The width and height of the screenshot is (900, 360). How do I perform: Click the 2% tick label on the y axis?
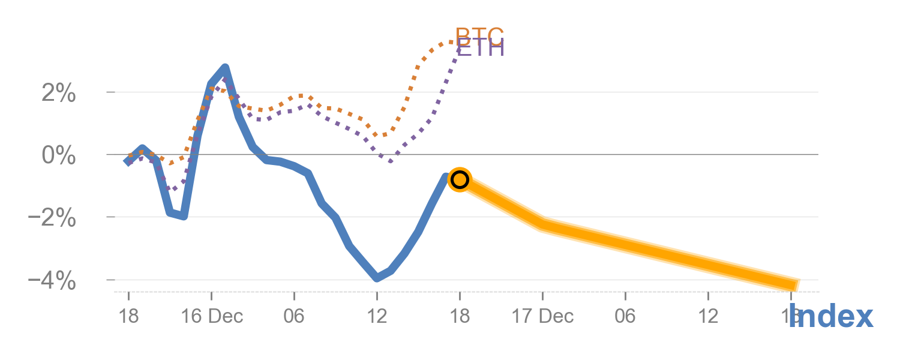[59, 93]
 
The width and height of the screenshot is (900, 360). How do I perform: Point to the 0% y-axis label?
[59, 155]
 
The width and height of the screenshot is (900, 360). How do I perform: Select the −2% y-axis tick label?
[52, 218]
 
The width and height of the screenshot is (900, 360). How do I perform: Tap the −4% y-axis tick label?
[52, 280]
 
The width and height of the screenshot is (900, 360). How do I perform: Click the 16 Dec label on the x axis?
[212, 316]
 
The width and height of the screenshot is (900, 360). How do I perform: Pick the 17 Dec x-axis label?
[542, 316]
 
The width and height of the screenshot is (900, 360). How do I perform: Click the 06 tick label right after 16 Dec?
[294, 316]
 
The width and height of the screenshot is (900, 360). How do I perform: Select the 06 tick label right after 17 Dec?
[625, 316]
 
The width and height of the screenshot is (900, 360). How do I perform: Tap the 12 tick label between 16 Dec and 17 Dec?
[377, 316]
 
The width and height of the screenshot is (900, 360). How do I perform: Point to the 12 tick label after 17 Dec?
[708, 316]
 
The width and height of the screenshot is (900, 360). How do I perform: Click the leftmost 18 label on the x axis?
[128, 316]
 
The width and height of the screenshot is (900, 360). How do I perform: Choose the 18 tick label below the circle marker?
[460, 316]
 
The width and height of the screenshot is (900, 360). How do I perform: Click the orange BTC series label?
[479, 35]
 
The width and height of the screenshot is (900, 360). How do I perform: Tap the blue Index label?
[831, 316]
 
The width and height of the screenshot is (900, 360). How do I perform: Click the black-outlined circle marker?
[460, 179]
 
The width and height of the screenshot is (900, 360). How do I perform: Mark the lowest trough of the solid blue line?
[377, 277]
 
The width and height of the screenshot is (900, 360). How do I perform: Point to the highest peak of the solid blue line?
[225, 68]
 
